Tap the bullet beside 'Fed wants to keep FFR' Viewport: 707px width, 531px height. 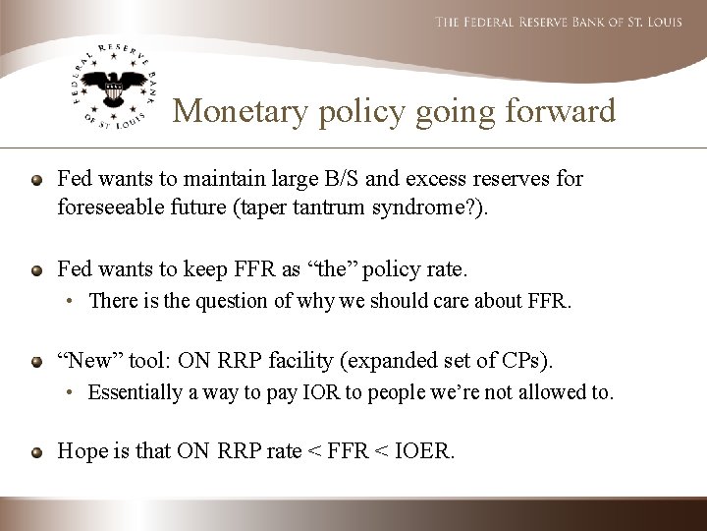click(x=36, y=268)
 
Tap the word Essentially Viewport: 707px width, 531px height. click(x=137, y=393)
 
